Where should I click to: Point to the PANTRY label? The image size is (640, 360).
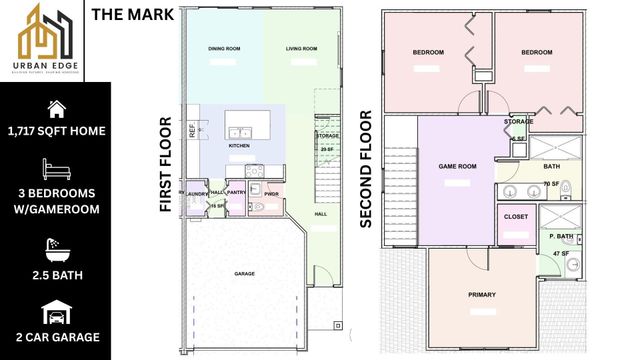(x=236, y=192)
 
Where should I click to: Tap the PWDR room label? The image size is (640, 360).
(x=271, y=192)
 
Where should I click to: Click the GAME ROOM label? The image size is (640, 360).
(x=457, y=167)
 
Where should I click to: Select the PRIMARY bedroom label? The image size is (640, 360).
(x=482, y=295)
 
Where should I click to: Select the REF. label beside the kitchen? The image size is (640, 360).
(x=192, y=130)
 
